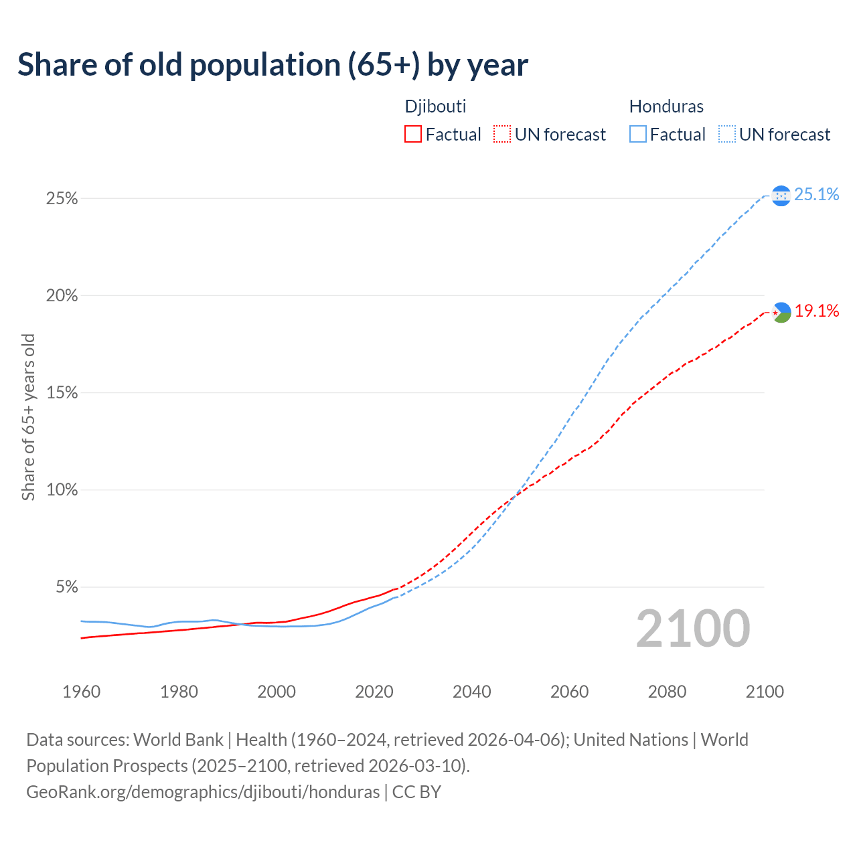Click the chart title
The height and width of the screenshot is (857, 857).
[272, 65]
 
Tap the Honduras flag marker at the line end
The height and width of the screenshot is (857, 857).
[781, 196]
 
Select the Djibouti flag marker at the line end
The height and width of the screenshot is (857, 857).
[781, 312]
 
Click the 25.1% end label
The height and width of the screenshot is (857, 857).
[817, 194]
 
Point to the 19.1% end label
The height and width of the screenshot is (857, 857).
[817, 311]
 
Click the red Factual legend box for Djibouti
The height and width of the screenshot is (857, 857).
[413, 135]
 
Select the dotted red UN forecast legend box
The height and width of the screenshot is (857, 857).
[502, 135]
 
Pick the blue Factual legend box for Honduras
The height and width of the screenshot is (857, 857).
[638, 135]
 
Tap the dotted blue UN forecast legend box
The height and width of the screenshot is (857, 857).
[727, 135]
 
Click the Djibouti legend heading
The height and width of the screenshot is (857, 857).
[435, 106]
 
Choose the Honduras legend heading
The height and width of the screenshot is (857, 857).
[666, 106]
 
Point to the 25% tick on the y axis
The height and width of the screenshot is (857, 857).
[62, 199]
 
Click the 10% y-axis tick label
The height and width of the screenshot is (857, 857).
[62, 490]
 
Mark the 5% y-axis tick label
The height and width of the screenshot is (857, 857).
[66, 587]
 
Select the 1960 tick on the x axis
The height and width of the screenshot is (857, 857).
[82, 692]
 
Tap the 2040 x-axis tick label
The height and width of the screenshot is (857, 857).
[472, 692]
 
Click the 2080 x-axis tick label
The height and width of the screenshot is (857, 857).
[667, 692]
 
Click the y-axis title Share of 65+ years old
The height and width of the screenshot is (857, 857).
[28, 416]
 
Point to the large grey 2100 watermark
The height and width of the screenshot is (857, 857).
[693, 629]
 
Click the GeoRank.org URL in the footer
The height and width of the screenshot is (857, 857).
[203, 792]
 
